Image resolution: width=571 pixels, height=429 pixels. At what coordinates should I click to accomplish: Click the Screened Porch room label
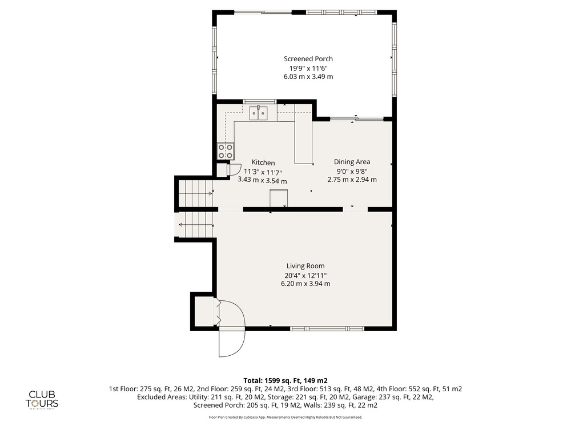point(308,59)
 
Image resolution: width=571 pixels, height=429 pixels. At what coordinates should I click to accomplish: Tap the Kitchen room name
point(263,162)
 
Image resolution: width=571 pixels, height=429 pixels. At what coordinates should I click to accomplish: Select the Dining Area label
point(352,162)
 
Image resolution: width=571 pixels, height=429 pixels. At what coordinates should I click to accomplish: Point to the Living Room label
point(305,267)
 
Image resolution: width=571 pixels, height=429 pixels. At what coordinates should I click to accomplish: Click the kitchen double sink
point(258,113)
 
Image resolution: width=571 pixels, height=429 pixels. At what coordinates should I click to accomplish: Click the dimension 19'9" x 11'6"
point(308,68)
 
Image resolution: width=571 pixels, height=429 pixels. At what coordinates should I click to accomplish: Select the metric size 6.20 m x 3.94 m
point(305,284)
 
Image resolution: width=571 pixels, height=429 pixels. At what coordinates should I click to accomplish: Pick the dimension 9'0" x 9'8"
point(352,170)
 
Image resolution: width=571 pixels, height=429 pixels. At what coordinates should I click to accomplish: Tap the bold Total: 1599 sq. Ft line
point(285,381)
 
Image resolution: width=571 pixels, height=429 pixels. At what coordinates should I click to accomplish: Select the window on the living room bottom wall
point(327,329)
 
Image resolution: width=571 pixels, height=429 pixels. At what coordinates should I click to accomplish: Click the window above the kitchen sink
point(260,101)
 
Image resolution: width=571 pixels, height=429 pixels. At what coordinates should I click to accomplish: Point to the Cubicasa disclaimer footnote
point(285,417)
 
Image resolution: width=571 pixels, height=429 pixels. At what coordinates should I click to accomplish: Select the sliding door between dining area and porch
point(356,119)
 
